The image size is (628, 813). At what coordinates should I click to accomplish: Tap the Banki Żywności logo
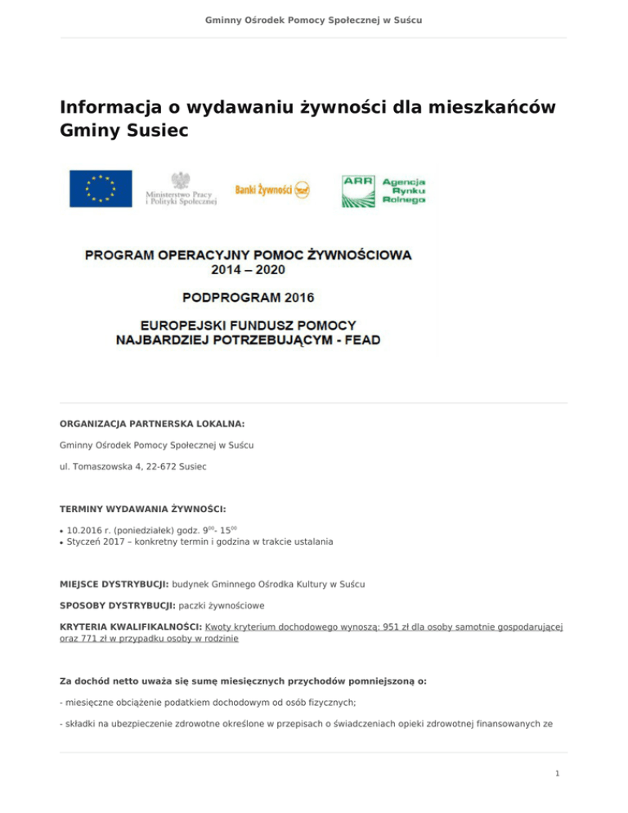273,189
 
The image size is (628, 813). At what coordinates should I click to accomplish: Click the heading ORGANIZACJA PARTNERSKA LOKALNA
153,424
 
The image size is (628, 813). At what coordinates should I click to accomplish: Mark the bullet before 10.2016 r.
62,530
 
